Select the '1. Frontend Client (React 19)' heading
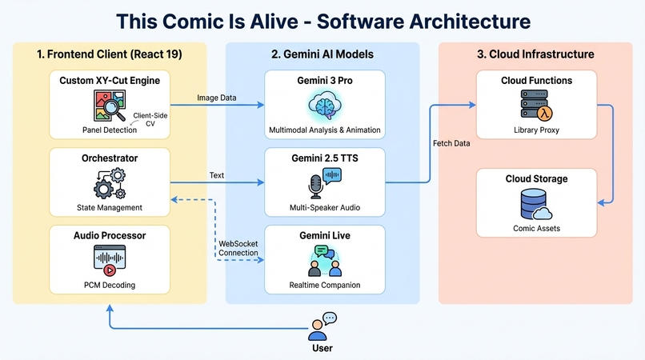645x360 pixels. [x=109, y=54]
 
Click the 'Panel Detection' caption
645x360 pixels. [x=109, y=130]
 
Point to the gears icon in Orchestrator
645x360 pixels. [x=109, y=183]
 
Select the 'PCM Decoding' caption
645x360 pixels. [x=109, y=285]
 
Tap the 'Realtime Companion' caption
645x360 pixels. [x=324, y=285]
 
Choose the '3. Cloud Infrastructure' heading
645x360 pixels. [x=535, y=54]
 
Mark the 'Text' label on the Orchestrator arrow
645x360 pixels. [x=217, y=174]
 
